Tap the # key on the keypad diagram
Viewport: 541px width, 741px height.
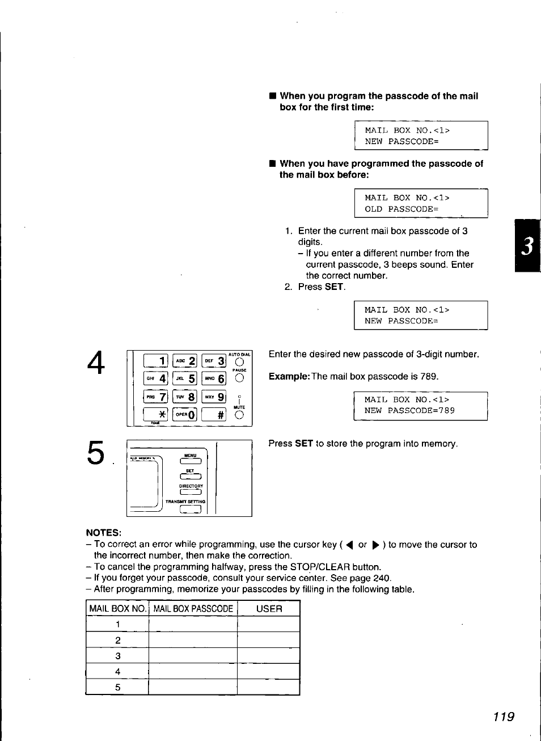(x=214, y=415)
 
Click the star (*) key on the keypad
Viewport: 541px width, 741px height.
(x=155, y=415)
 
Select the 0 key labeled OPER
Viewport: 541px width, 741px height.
(x=185, y=415)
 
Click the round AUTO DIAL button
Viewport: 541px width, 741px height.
(x=239, y=362)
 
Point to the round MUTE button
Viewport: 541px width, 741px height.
(x=239, y=415)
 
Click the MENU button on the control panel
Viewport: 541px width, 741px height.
(x=191, y=461)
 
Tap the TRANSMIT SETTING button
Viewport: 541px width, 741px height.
(x=191, y=510)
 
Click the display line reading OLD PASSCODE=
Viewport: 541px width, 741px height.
(x=401, y=209)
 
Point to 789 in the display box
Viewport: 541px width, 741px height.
(x=446, y=411)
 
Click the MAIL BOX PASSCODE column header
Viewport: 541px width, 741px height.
(x=193, y=609)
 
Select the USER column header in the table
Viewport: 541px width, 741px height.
(x=269, y=609)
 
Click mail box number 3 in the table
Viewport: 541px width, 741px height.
(x=117, y=656)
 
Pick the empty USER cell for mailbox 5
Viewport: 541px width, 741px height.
(x=268, y=687)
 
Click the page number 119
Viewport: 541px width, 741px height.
(x=504, y=717)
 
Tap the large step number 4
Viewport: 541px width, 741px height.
(x=96, y=363)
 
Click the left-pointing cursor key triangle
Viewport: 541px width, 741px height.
(x=349, y=545)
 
